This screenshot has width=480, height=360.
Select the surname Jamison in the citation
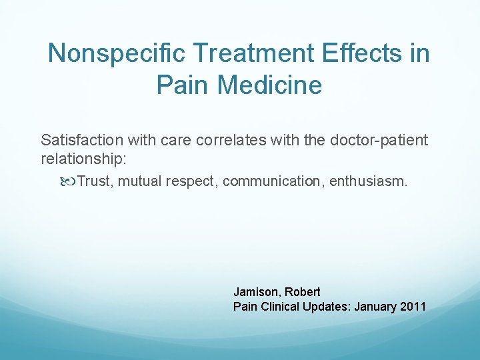point(257,292)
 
